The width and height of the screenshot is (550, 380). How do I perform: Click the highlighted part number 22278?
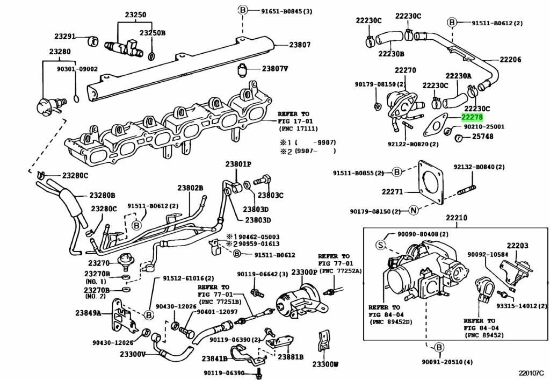472,117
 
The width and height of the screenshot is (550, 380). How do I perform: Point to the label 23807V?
275,69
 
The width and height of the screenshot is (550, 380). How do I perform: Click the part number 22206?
510,60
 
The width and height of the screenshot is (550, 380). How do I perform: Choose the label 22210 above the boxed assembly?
456,218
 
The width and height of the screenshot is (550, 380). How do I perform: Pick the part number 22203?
517,246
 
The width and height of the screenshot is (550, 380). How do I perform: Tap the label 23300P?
304,273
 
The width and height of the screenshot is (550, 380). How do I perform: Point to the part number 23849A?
88,312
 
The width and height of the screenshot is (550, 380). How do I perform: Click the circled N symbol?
413,210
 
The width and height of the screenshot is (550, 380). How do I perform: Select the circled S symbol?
380,245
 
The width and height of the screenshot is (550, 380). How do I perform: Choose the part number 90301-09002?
77,69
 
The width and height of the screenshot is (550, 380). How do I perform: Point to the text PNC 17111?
299,130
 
